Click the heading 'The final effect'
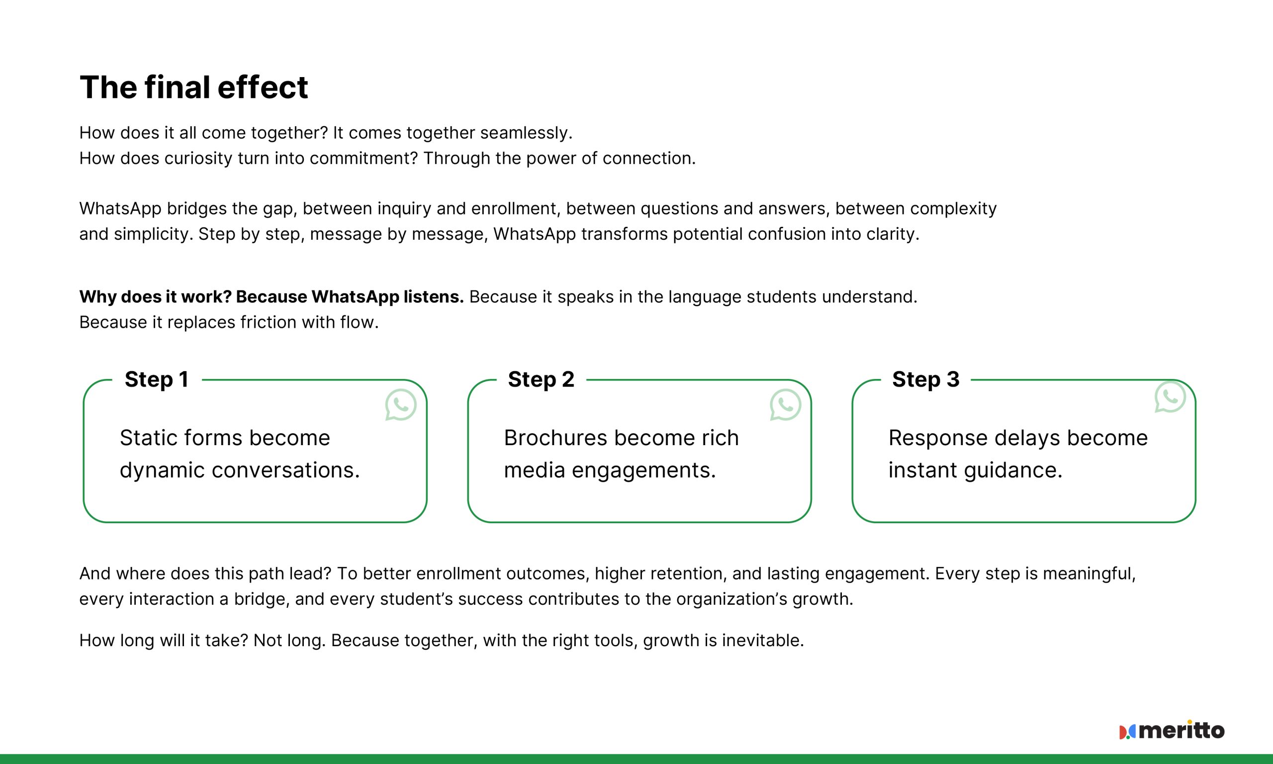193,87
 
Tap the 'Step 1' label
157,380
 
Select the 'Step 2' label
541,380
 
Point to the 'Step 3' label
925,380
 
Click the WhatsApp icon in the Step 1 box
400,405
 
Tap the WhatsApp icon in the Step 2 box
785,405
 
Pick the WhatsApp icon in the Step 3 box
1170,396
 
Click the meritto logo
1172,731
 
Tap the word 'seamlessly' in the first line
525,133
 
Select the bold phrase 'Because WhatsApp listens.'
350,297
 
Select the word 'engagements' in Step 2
643,471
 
